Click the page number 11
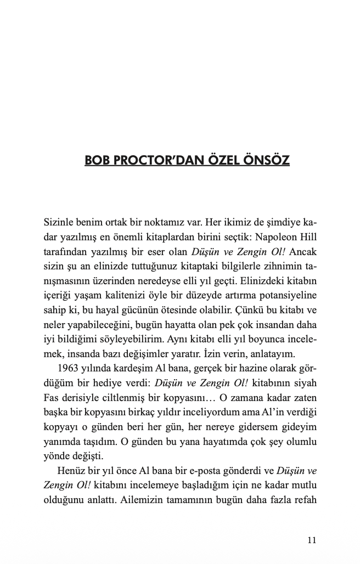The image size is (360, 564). click(312, 540)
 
